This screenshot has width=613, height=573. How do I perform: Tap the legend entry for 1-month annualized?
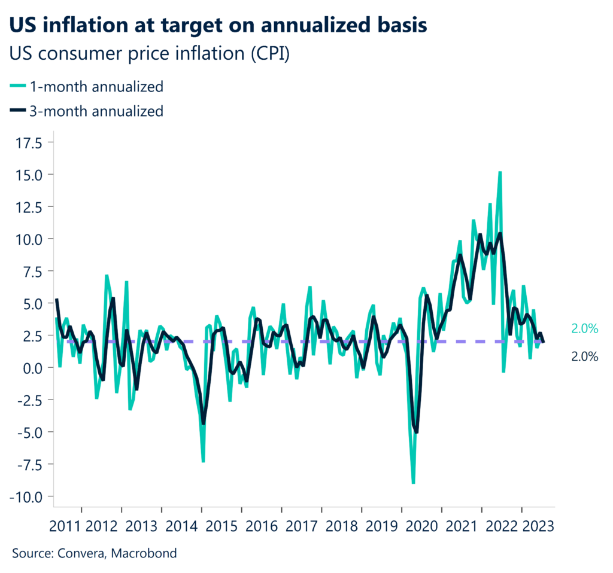pos(87,87)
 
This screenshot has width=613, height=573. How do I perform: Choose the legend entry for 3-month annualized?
pos(87,111)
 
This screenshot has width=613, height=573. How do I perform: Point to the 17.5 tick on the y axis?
pos(32,143)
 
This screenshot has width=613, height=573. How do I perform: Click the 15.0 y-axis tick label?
pos(32,175)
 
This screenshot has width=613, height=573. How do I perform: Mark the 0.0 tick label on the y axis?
pos(36,368)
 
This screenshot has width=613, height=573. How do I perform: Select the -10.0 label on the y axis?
pos(29,496)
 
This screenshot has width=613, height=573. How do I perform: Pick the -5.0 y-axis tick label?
pos(32,432)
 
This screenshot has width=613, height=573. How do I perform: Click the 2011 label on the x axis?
pos(66,526)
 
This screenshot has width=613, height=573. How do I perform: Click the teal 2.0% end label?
pos(584,328)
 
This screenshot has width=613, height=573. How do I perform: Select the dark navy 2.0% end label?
pos(584,357)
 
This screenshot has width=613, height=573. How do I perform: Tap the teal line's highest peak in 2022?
pos(499,172)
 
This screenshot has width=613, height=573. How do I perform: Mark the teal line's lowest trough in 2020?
pos(413,482)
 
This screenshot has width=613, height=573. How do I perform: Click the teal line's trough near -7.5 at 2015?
pos(204,461)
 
